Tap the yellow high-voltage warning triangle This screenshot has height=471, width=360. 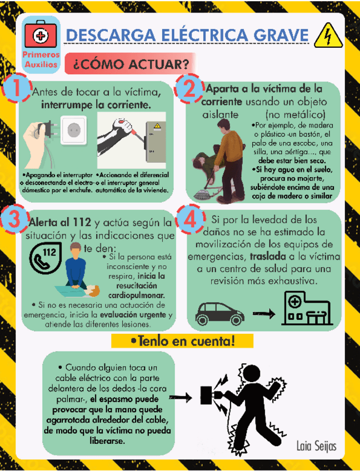coord(326,37)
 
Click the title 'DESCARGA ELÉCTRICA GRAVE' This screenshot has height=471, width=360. coord(187,35)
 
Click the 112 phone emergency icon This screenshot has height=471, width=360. coord(45,257)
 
